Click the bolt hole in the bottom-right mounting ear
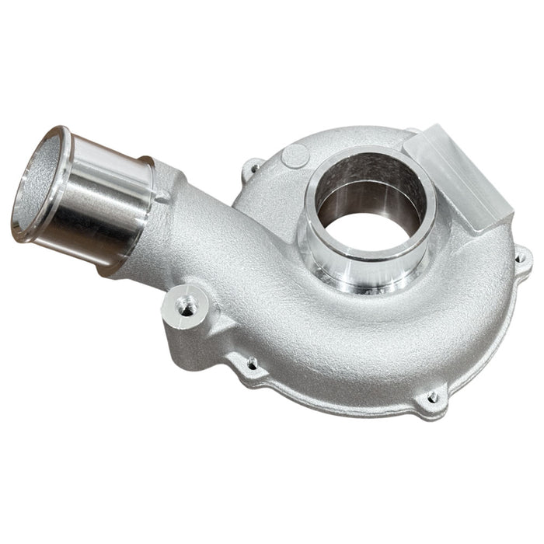click(x=432, y=399)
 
